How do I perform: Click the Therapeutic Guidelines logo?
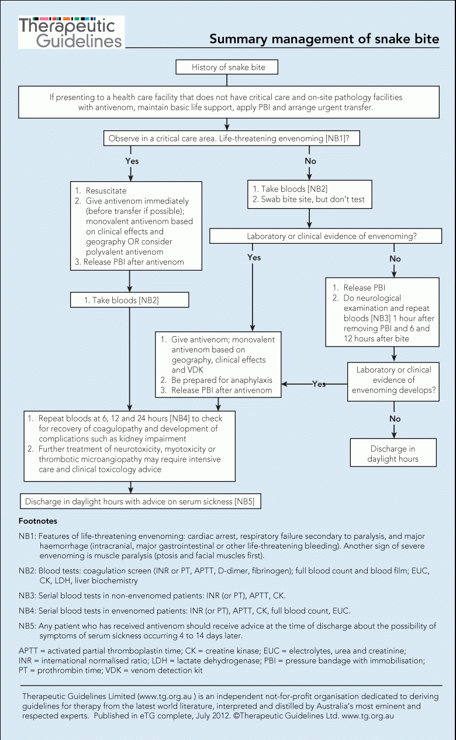pyautogui.click(x=71, y=32)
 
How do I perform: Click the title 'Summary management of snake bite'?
pyautogui.click(x=324, y=39)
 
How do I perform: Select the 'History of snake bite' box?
pyautogui.click(x=227, y=67)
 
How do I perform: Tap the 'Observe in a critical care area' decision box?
pyautogui.click(x=232, y=138)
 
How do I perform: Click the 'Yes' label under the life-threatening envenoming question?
pyautogui.click(x=132, y=161)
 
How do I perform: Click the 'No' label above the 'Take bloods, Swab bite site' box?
pyautogui.click(x=310, y=161)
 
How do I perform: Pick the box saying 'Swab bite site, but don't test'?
pyautogui.click(x=310, y=194)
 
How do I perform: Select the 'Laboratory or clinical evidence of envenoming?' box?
pyautogui.click(x=326, y=236)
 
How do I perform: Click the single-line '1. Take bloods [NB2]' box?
pyautogui.click(x=130, y=300)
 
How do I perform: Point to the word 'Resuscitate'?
pyautogui.click(x=106, y=191)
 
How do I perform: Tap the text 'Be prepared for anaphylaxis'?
pyautogui.click(x=222, y=380)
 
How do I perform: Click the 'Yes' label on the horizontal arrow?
pyautogui.click(x=319, y=384)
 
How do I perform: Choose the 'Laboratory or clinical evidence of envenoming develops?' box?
pyautogui.click(x=393, y=382)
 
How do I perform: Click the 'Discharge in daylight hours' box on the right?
pyautogui.click(x=393, y=452)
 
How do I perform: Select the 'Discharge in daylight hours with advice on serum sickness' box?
pyautogui.click(x=140, y=501)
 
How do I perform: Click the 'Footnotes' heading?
pyautogui.click(x=38, y=521)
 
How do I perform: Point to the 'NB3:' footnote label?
pyautogui.click(x=27, y=596)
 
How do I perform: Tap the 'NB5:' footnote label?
pyautogui.click(x=27, y=626)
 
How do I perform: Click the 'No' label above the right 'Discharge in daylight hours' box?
pyautogui.click(x=395, y=419)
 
